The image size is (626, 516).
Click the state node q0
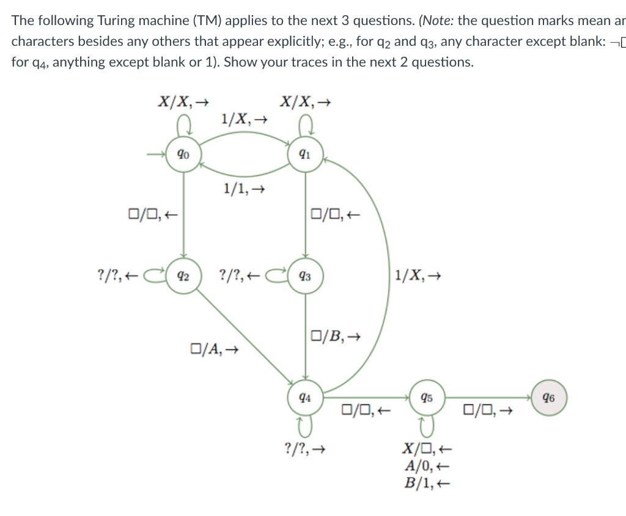pos(182,154)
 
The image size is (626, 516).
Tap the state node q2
pos(182,275)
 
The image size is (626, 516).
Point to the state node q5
pos(427,397)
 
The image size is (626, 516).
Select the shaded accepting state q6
pos(549,397)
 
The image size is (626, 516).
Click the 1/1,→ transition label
pos(244,190)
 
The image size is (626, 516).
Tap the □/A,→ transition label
pos(214,349)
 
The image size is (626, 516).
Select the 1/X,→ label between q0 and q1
pos(244,118)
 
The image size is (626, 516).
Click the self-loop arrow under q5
pos(427,423)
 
